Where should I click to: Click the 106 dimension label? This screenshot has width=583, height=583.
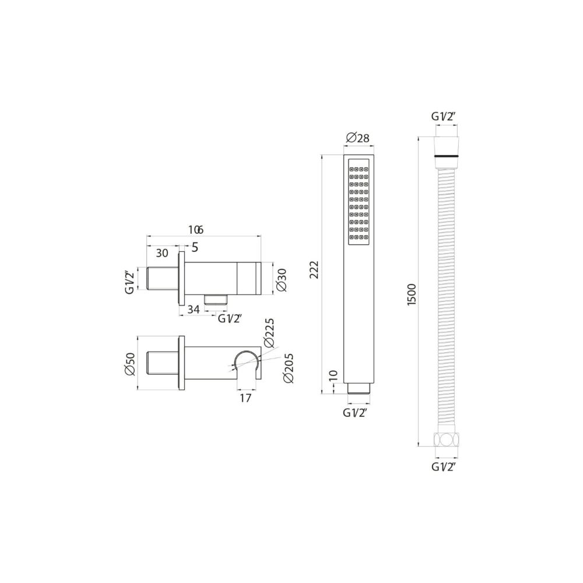click(195, 230)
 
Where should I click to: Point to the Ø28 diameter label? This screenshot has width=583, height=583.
click(358, 138)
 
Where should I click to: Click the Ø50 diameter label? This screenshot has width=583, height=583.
click(130, 363)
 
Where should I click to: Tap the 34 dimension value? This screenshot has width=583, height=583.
click(194, 310)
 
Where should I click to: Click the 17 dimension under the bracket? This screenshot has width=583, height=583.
click(245, 398)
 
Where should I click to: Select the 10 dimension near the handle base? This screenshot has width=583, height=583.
click(333, 375)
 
